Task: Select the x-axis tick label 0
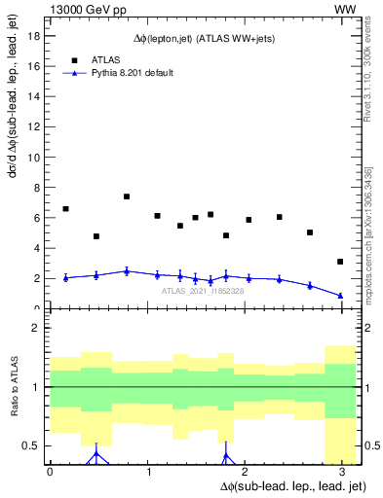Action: tap(50, 473)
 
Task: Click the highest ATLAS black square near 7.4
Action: tap(127, 196)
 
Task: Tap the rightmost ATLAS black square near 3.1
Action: tap(340, 262)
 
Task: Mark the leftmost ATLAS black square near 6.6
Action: tap(65, 209)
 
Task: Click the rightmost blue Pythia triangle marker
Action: tap(340, 296)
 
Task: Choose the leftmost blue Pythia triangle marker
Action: tap(65, 277)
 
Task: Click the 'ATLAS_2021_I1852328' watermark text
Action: tap(204, 290)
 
